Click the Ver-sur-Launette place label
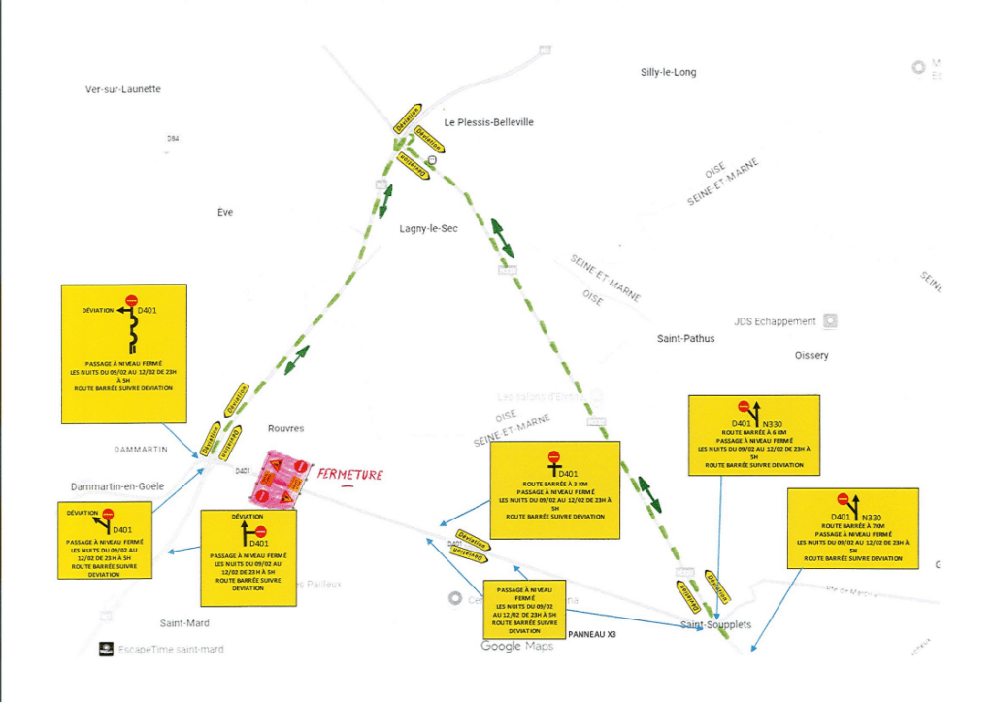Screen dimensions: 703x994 pos(123,89)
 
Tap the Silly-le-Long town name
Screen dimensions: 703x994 pos(668,72)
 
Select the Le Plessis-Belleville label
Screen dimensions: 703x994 pos(489,122)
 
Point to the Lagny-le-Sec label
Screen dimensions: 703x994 pos(428,229)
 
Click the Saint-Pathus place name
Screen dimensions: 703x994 pos(685,339)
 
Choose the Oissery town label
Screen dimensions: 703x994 pos(811,356)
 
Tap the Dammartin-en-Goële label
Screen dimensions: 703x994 pos(117,485)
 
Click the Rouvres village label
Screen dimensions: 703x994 pos(285,428)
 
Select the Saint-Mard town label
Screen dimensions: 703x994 pos(184,623)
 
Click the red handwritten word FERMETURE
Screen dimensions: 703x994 pos(348,475)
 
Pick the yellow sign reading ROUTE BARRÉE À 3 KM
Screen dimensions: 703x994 pos(554,488)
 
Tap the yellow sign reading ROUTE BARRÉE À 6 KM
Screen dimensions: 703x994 pos(753,435)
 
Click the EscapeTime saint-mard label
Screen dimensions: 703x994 pos(170,649)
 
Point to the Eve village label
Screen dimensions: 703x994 pos(225,212)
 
